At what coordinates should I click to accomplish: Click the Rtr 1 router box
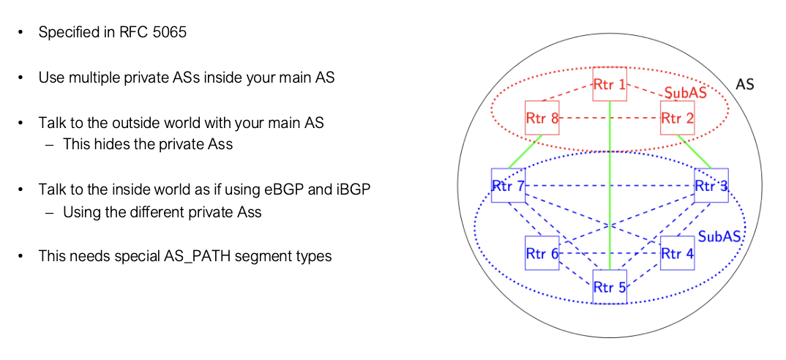coord(610,84)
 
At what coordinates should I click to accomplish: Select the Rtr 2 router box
coord(677,118)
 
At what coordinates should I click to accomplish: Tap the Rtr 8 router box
coord(542,118)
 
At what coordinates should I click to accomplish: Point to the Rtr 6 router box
coord(542,253)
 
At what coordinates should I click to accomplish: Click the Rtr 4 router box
coord(677,253)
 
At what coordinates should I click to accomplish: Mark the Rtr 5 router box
coord(610,287)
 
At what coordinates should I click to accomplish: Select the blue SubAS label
coord(719,236)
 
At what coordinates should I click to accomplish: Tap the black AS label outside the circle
coord(744,84)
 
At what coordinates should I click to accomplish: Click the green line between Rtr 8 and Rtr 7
coord(525,151)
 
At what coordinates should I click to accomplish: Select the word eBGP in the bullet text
coord(282,189)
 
